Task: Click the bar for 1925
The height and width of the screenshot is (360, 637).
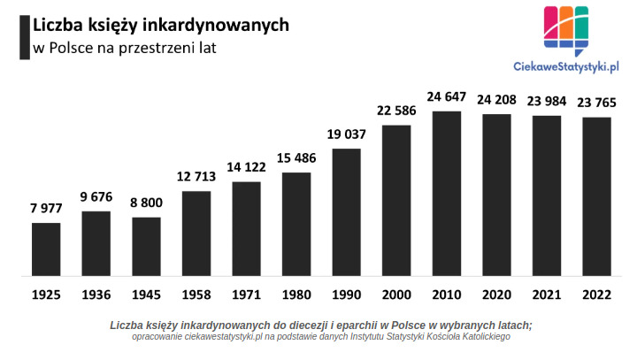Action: [x=46, y=249]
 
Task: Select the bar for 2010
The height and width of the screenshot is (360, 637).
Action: [x=447, y=193]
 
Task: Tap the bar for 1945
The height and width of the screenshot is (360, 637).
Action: [x=146, y=246]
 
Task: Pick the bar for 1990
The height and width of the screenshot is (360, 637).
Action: [x=347, y=211]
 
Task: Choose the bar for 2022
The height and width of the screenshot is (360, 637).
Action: [x=597, y=195]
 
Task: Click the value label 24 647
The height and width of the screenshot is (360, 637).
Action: [x=447, y=96]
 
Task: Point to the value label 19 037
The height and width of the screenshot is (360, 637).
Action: [x=347, y=134]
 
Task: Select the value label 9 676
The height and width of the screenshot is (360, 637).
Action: [x=96, y=197]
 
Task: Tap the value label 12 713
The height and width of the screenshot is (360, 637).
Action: [x=196, y=177]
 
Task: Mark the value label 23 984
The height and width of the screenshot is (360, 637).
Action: [x=547, y=101]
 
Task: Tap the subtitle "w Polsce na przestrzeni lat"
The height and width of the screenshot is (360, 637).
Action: [x=124, y=48]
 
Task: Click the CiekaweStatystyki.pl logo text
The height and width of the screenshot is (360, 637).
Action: [x=566, y=65]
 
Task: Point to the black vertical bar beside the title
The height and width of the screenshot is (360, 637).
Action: [x=24, y=36]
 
